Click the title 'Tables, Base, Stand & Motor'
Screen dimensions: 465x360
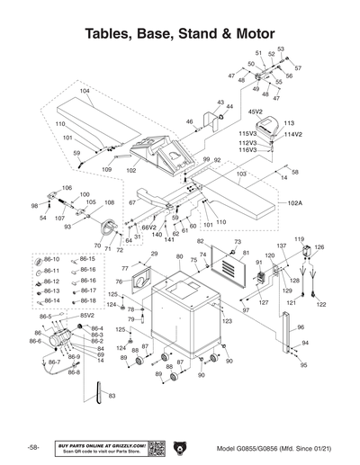(x=180, y=34)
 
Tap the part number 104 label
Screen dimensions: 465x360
(x=85, y=91)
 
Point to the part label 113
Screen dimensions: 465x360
(x=290, y=123)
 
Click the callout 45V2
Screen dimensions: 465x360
(x=255, y=112)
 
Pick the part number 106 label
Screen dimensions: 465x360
(x=66, y=188)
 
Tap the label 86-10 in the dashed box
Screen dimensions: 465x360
(x=51, y=259)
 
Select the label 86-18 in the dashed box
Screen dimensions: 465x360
(x=88, y=300)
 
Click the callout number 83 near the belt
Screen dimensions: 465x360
(x=111, y=396)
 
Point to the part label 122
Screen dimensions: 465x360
(x=321, y=305)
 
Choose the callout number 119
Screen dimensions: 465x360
(x=300, y=239)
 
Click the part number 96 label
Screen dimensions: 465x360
(x=301, y=327)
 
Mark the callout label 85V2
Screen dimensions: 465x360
(x=86, y=316)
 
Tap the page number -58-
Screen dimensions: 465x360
(x=32, y=447)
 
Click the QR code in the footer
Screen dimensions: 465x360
(x=155, y=447)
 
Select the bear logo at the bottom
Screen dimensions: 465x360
(x=180, y=447)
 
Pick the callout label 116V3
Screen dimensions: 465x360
(x=247, y=150)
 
